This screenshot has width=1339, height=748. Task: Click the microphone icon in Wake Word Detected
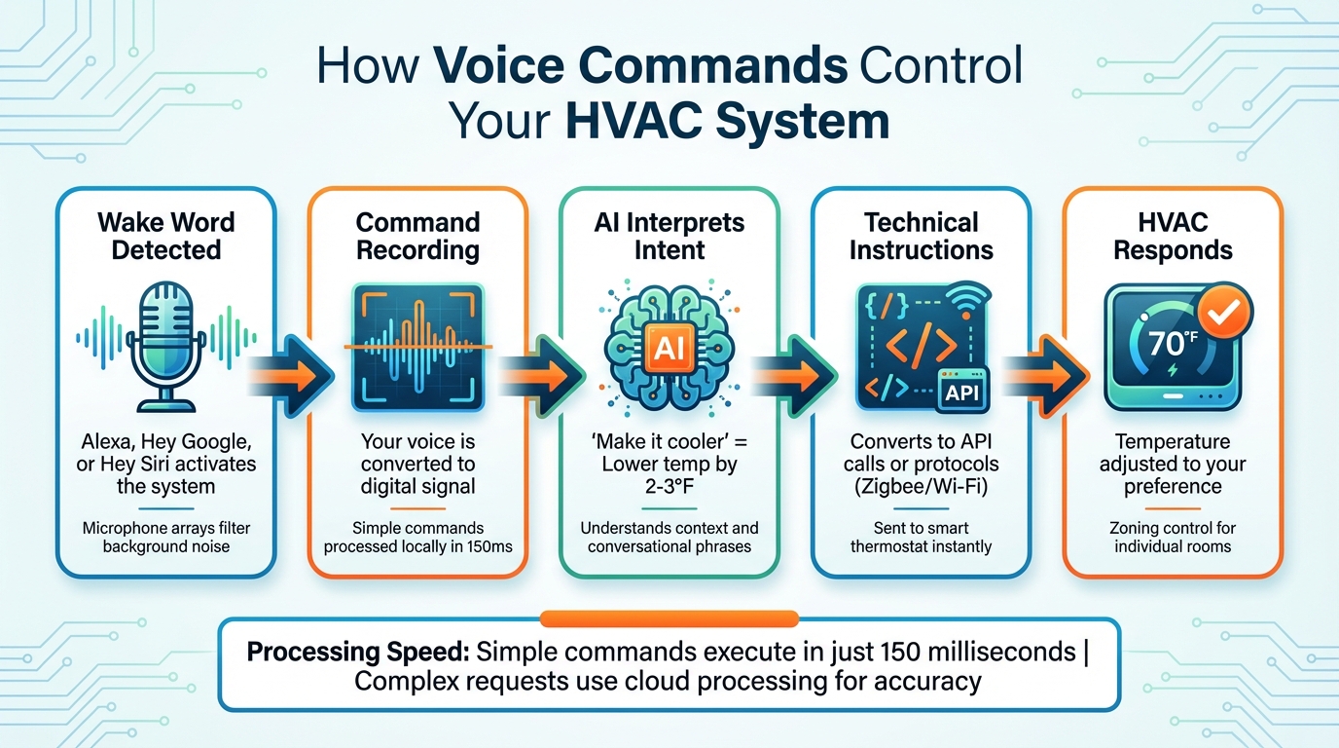coord(166,341)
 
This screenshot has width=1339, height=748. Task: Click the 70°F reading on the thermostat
coord(1172,343)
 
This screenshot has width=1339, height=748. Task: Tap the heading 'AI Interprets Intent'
coord(669,237)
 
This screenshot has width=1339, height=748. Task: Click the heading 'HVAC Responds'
coord(1172,237)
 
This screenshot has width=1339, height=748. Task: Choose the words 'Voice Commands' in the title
coord(639,67)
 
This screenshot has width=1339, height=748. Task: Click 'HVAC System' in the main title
coord(727,121)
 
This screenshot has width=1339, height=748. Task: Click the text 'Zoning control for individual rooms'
coord(1172,537)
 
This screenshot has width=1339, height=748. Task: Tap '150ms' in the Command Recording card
coord(491,546)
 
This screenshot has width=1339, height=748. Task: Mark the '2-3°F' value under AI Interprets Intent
coord(669,486)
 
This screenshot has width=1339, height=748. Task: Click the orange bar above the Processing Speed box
coord(669,618)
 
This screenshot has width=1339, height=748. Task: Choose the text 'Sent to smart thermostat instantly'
coord(921,537)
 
